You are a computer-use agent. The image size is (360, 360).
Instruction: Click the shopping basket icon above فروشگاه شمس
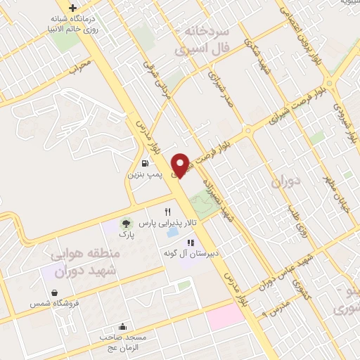(54, 293)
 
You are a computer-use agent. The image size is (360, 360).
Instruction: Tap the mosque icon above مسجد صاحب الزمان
(123, 326)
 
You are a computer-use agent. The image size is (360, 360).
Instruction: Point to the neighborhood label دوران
(285, 181)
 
